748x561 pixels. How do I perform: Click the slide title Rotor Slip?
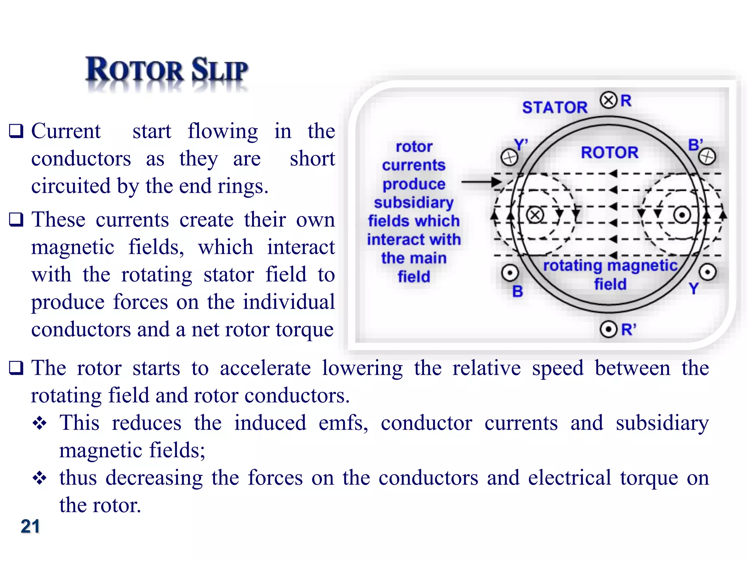click(167, 70)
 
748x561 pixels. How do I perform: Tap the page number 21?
click(30, 526)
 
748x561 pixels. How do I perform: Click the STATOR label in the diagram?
click(555, 107)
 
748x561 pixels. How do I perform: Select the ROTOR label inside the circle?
click(610, 152)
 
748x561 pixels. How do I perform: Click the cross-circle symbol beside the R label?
click(608, 100)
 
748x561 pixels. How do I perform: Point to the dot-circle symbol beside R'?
click(608, 329)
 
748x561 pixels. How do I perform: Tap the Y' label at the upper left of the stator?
click(521, 145)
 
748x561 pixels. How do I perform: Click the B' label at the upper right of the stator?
click(695, 145)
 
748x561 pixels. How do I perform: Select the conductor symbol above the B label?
click(510, 273)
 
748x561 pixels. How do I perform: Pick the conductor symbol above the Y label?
click(708, 272)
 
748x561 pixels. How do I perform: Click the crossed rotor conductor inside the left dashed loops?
click(535, 215)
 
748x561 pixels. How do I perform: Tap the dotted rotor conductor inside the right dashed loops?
click(682, 215)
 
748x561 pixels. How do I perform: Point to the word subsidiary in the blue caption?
click(413, 202)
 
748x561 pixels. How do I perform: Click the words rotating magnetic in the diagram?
click(610, 266)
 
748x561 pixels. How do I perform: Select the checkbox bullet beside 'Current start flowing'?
click(16, 131)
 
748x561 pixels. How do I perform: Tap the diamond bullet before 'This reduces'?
click(39, 423)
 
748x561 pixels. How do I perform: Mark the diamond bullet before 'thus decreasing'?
click(39, 478)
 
